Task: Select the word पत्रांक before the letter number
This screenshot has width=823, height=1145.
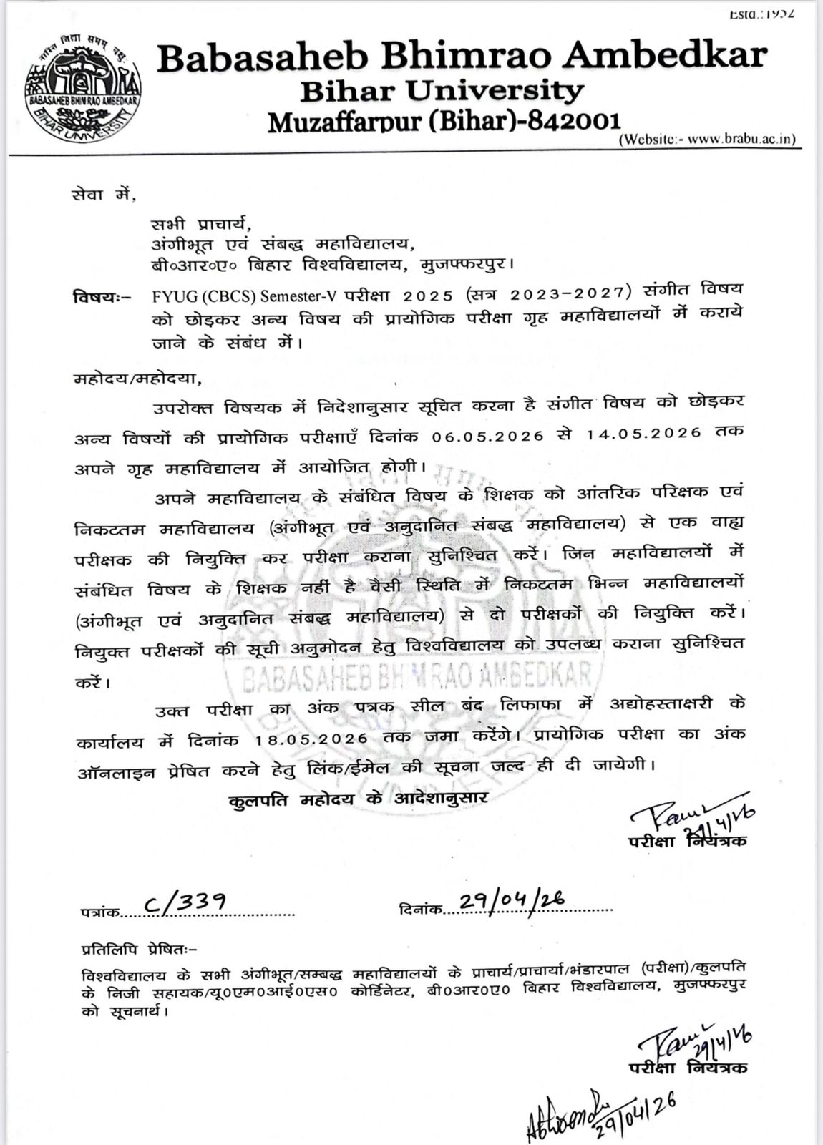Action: coord(99,912)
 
